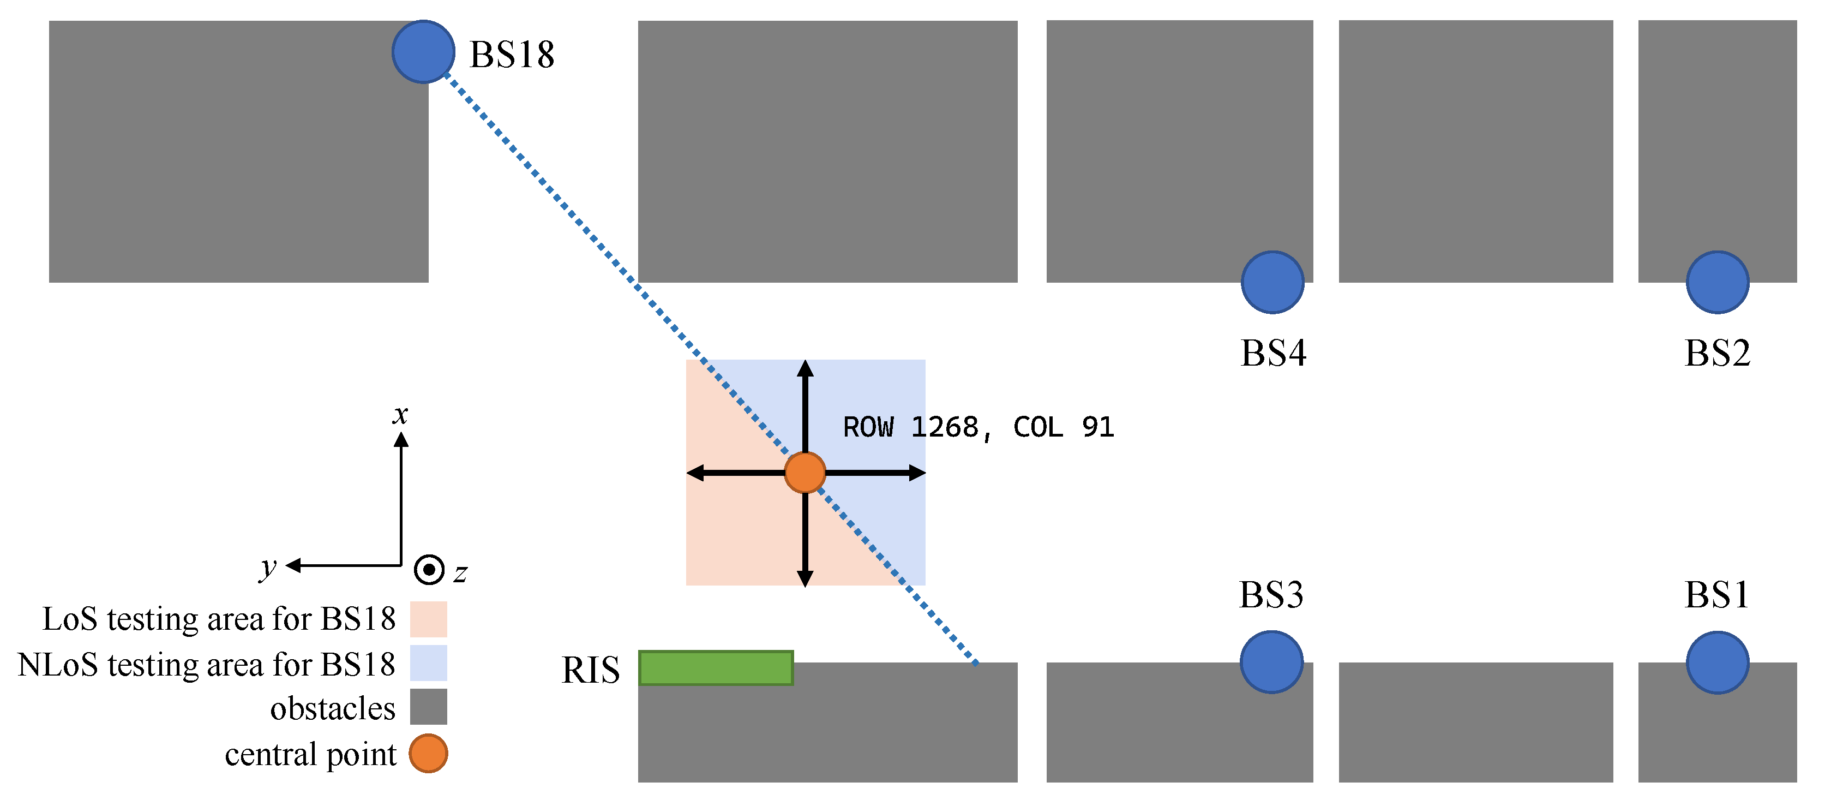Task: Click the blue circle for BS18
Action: (423, 52)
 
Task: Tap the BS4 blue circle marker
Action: (1272, 282)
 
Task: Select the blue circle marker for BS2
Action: (1718, 282)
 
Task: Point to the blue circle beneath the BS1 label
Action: (1718, 662)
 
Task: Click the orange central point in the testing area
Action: (805, 473)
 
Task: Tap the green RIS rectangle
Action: (716, 667)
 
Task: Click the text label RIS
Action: (590, 670)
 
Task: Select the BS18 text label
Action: (512, 55)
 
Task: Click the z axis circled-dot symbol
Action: (429, 569)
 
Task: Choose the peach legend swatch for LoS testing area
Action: (429, 619)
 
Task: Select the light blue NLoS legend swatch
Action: (429, 663)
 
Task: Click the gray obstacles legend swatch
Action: (429, 707)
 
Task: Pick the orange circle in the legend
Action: (429, 753)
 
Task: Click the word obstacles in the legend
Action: (332, 708)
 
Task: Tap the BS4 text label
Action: (1273, 353)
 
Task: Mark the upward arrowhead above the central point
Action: (805, 368)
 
